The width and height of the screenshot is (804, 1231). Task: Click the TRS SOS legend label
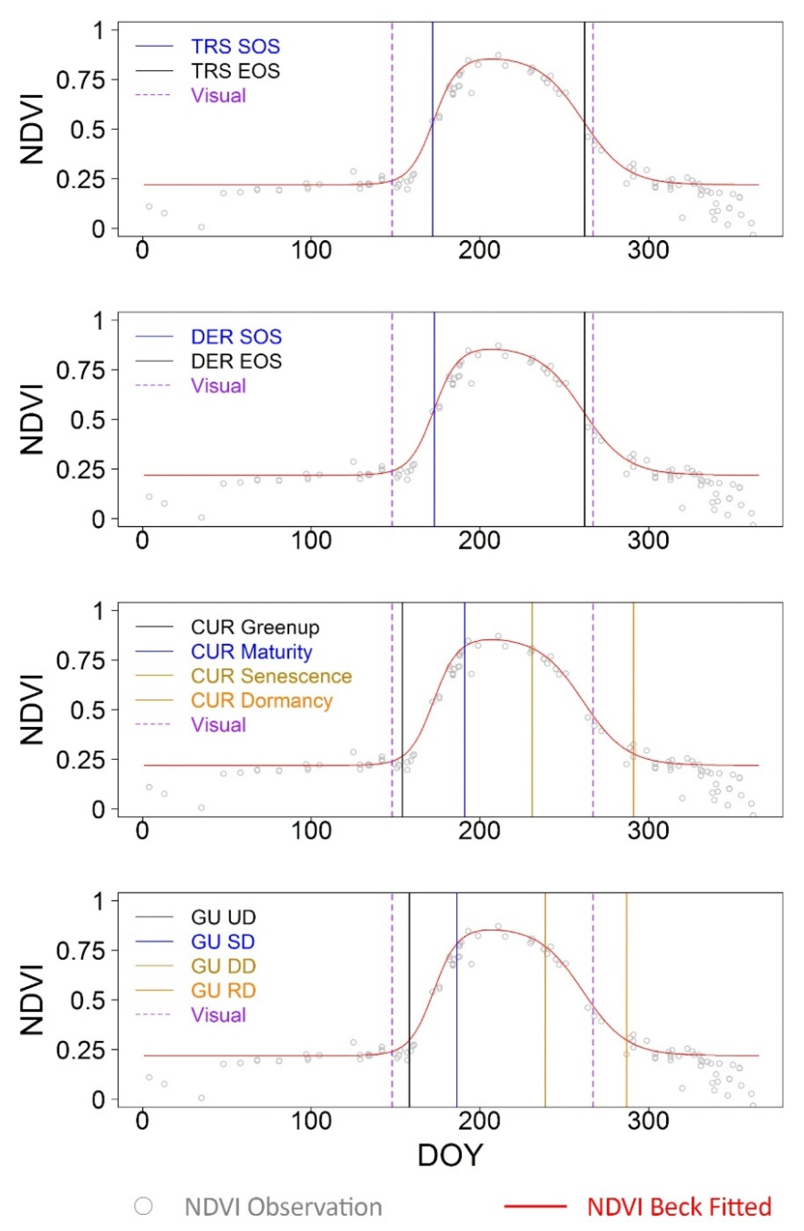pyautogui.click(x=235, y=46)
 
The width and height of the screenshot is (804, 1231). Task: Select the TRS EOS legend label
pyautogui.click(x=235, y=71)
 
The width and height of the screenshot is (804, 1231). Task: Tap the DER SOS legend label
pyautogui.click(x=236, y=337)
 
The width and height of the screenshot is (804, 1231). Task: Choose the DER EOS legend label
pyautogui.click(x=236, y=361)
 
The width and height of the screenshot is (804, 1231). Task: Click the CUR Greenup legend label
pyautogui.click(x=255, y=627)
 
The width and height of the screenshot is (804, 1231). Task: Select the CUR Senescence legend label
pyautogui.click(x=271, y=676)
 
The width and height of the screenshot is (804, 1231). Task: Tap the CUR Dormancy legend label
pyautogui.click(x=262, y=700)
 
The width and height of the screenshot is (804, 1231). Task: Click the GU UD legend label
pyautogui.click(x=223, y=918)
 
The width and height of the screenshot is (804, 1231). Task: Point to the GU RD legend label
pyautogui.click(x=223, y=991)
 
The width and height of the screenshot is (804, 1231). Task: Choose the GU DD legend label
pyautogui.click(x=223, y=966)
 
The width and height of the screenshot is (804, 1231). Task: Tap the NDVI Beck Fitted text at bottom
pyautogui.click(x=679, y=1207)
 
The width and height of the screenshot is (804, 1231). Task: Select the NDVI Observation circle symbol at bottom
pyautogui.click(x=143, y=1206)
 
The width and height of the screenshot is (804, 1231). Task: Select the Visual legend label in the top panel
pyautogui.click(x=218, y=96)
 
